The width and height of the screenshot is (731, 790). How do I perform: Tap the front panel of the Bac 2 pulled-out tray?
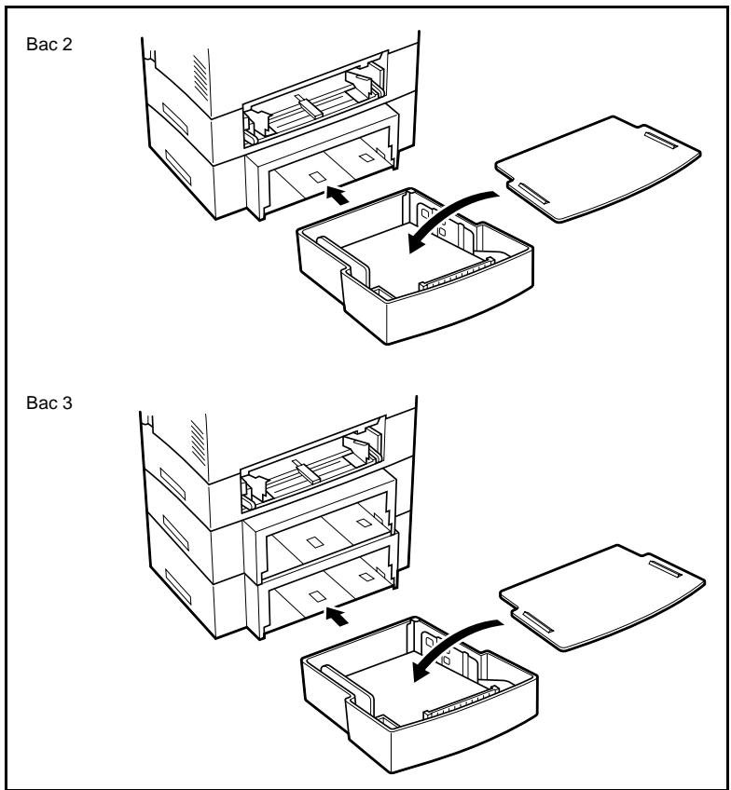(x=438, y=317)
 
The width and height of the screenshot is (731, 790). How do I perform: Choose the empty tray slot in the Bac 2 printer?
(x=326, y=172)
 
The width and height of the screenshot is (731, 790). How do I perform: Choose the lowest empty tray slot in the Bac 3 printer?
(x=326, y=592)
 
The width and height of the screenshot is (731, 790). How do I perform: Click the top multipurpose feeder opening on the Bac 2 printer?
(x=312, y=107)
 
